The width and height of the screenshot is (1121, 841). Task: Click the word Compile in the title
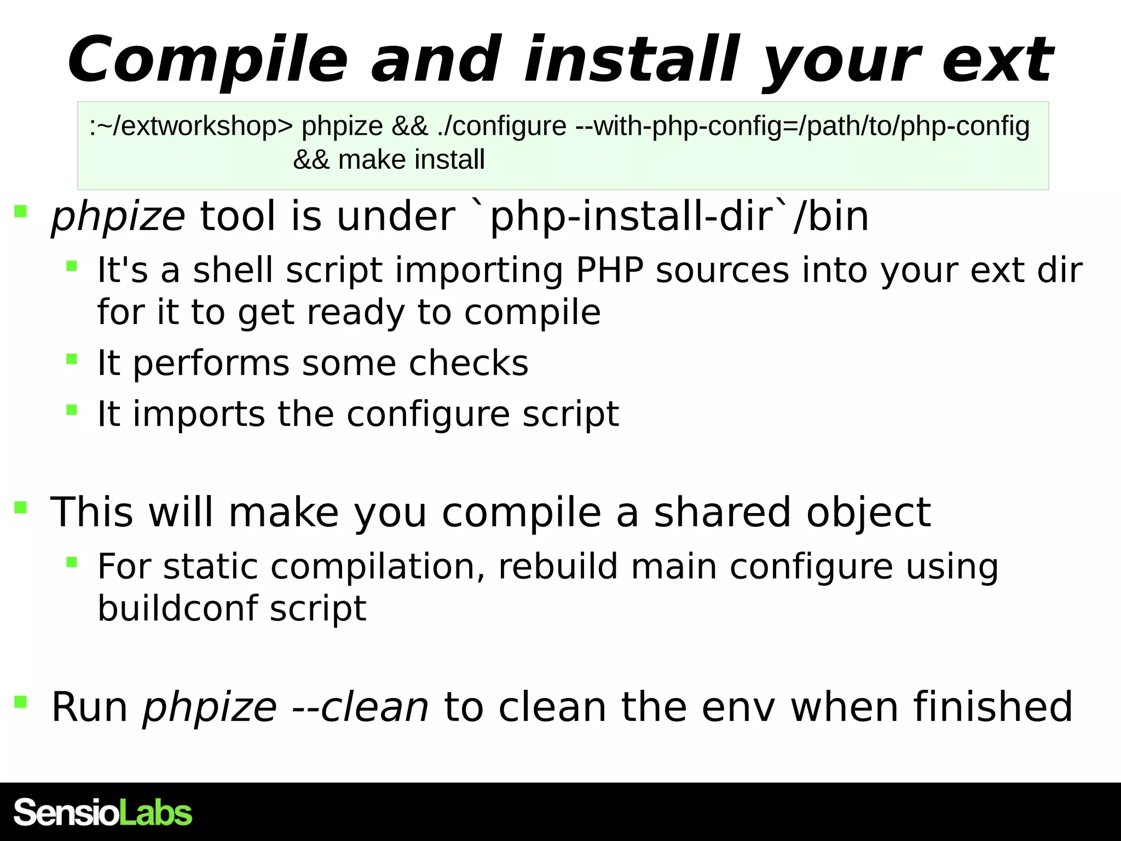coord(208,60)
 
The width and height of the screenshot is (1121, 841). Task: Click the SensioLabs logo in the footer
coord(103,812)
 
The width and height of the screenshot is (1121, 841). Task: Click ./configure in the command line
coord(501,126)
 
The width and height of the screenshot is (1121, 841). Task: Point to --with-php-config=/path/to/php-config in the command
coord(802,126)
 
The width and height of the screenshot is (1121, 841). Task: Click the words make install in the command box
coord(411,160)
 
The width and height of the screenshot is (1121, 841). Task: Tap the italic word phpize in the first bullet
coord(118,217)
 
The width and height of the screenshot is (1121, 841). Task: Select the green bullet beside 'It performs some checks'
coord(71,359)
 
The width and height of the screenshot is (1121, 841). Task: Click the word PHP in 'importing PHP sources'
coord(609,270)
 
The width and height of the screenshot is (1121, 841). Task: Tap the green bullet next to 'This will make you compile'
coord(21,508)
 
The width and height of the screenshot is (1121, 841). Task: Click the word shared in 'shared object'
coord(723,512)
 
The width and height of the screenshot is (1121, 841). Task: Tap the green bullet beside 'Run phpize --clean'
coord(21,701)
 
